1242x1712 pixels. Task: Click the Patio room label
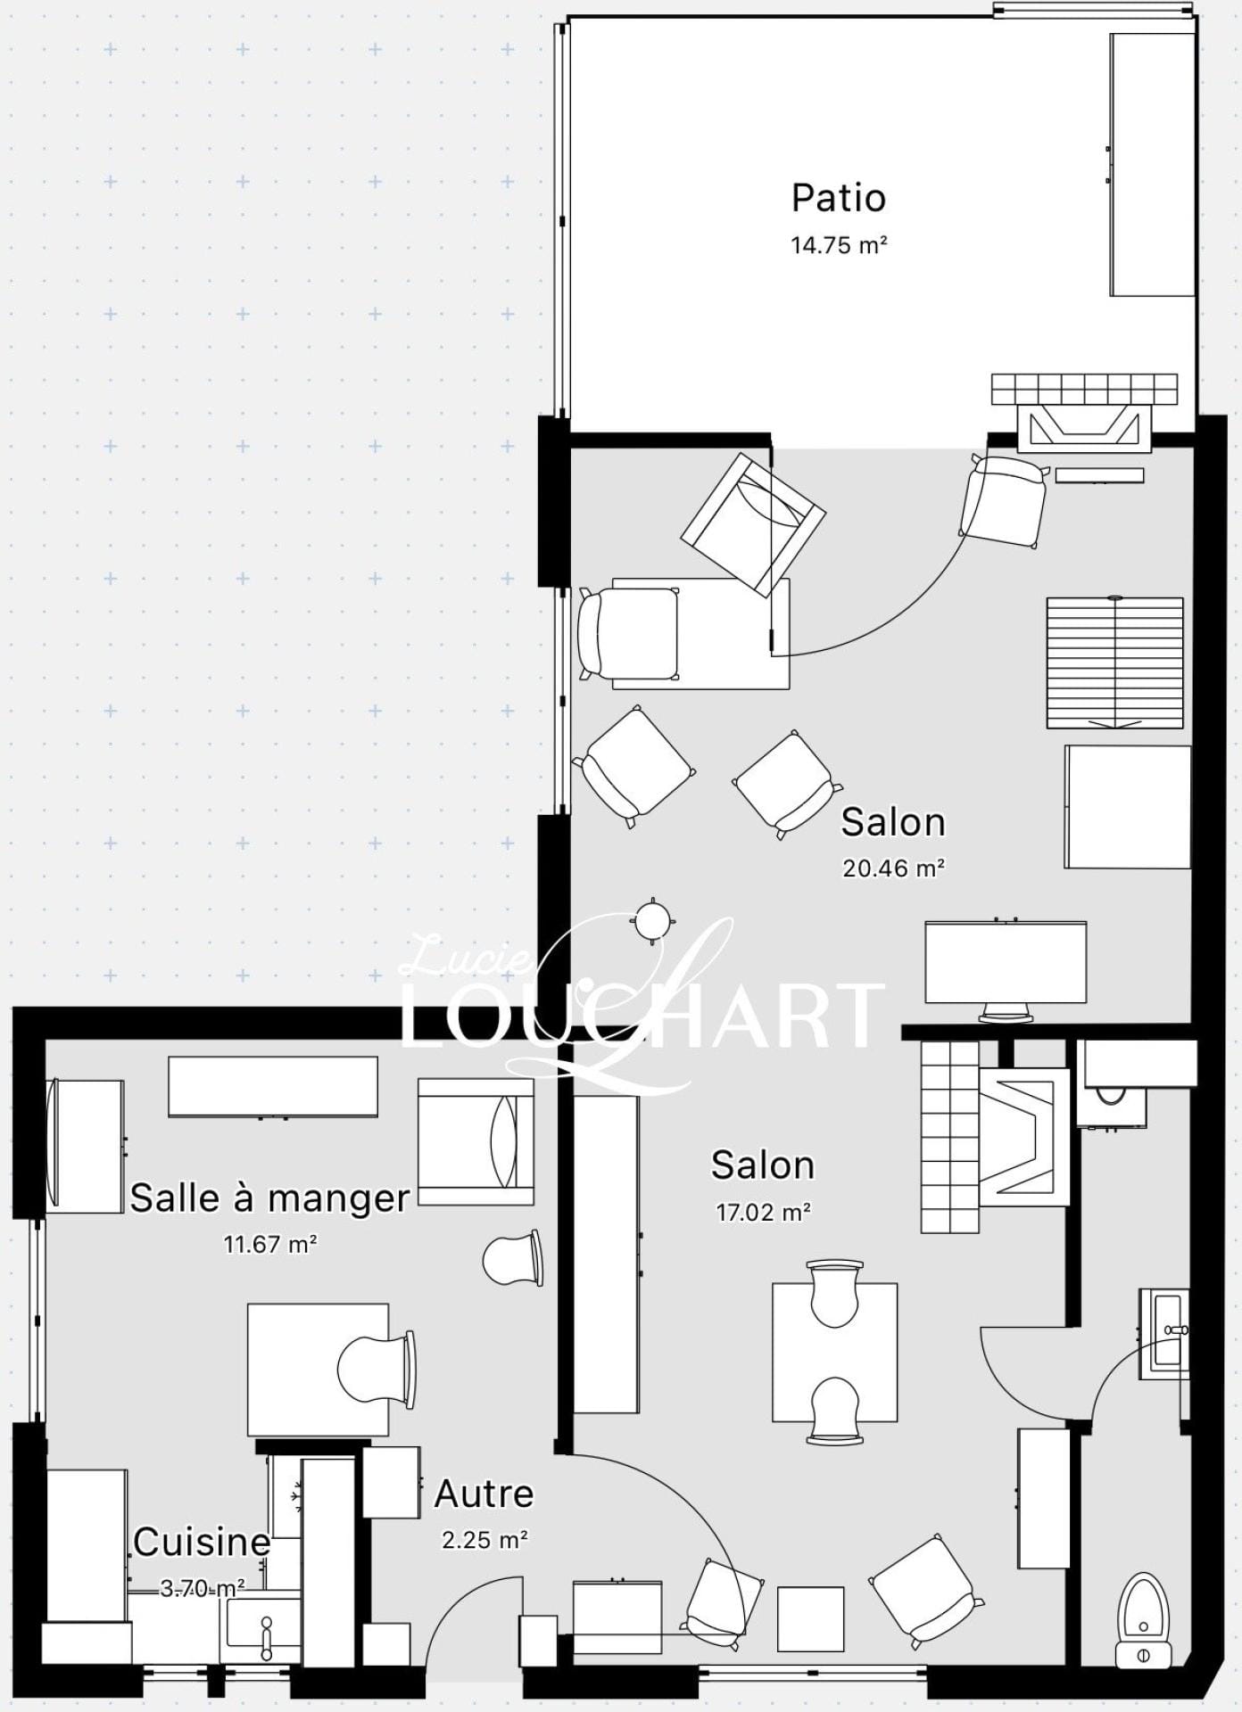pos(838,198)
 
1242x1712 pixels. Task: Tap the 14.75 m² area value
pos(839,245)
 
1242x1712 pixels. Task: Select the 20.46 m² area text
pos(893,868)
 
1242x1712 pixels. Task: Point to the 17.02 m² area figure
pos(763,1212)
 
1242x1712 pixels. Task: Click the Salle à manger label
pos(269,1198)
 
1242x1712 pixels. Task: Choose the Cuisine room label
pos(202,1542)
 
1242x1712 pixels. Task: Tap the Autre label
pos(484,1494)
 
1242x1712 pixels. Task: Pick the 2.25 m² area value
pos(484,1540)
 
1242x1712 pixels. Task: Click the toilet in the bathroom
pos(1144,1621)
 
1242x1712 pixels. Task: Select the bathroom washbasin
pos(1163,1334)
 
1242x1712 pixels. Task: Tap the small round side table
pos(653,920)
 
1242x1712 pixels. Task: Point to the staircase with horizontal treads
pos(1115,663)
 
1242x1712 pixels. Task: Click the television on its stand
pos(1006,969)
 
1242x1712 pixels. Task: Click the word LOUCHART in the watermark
pos(642,1015)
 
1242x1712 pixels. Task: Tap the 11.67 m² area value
pos(270,1243)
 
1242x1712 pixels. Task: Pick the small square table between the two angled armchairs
pos(810,1618)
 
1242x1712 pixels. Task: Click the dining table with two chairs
pos(834,1352)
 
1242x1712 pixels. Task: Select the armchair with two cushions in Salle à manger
pos(476,1141)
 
